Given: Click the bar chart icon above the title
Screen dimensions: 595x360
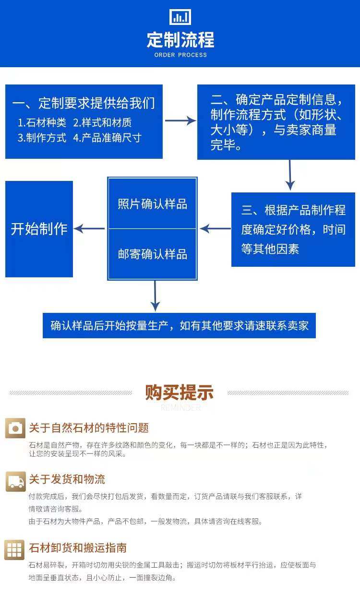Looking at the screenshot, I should pyautogui.click(x=180, y=17).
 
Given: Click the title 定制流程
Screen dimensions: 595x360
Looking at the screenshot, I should pyautogui.click(x=180, y=40).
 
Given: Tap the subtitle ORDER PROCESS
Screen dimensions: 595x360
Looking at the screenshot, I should pyautogui.click(x=180, y=55).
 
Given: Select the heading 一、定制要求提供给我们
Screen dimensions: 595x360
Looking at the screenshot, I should pyautogui.click(x=84, y=103).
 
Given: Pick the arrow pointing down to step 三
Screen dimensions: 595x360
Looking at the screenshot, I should pyautogui.click(x=289, y=175).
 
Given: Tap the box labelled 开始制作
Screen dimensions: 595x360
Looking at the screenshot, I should pyautogui.click(x=39, y=229).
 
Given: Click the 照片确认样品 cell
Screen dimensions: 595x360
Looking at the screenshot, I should pyautogui.click(x=153, y=204).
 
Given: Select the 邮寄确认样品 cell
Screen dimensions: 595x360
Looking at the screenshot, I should pyautogui.click(x=153, y=254).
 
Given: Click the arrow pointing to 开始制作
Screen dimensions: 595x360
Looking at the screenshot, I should pyautogui.click(x=90, y=229).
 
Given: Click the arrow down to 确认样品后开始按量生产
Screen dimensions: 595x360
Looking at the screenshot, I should pyautogui.click(x=155, y=296).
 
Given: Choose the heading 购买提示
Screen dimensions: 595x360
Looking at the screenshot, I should pyautogui.click(x=180, y=393).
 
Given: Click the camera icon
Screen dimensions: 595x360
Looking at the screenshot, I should pyautogui.click(x=15, y=428).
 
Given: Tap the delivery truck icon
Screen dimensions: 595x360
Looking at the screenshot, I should pyautogui.click(x=15, y=481).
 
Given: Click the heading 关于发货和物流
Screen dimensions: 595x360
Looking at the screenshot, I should pyautogui.click(x=67, y=479).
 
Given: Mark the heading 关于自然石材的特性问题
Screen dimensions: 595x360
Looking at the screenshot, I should pyautogui.click(x=89, y=428).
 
